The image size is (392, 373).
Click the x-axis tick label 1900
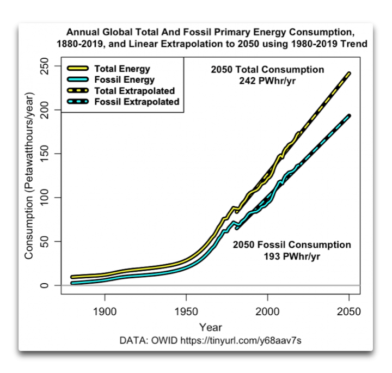[x=105, y=312]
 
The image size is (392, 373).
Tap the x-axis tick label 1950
[x=186, y=312]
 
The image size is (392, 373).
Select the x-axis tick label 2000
[x=267, y=312]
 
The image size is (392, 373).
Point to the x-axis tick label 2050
[x=349, y=312]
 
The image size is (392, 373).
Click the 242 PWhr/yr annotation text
[x=267, y=81]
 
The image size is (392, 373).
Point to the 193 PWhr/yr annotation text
[x=292, y=255]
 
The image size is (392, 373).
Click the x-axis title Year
[x=210, y=327]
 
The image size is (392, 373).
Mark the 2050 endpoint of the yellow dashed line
[x=349, y=73]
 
